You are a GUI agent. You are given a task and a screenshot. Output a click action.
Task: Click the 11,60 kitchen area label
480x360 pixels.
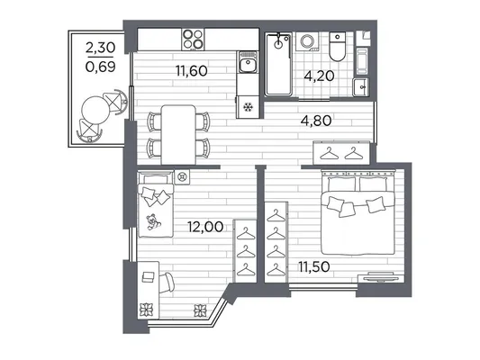[192, 71]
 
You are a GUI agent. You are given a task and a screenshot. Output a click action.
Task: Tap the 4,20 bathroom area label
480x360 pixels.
[319, 76]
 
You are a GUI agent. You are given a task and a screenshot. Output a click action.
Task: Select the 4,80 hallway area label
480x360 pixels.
[316, 121]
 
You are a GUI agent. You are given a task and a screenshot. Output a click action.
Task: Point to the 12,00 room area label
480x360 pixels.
[205, 227]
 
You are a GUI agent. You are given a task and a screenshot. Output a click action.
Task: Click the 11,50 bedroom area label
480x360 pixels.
[314, 266]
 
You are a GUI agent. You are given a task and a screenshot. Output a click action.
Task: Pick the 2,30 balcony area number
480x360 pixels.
[100, 48]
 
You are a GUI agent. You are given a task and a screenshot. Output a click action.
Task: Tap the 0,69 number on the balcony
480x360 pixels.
[100, 67]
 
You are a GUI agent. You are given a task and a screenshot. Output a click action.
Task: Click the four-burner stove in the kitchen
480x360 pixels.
[193, 40]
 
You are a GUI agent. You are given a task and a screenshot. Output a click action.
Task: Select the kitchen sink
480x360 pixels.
[249, 62]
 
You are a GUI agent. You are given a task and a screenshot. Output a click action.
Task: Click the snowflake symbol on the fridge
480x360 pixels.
[248, 107]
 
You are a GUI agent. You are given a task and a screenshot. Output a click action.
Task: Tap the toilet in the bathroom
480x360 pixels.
[337, 46]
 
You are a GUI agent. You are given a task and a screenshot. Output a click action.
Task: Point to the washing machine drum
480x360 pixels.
[306, 41]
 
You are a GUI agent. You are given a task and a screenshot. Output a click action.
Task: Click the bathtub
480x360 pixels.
[278, 65]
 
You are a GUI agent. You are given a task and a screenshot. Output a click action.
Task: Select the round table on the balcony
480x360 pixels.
[95, 110]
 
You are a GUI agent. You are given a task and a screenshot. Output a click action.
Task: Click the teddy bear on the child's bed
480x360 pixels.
[153, 221]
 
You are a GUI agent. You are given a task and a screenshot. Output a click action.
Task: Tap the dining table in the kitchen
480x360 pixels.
[178, 135]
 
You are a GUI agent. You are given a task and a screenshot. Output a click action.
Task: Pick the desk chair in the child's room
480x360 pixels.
[167, 283]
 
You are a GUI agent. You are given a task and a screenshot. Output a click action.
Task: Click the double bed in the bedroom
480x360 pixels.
[358, 213]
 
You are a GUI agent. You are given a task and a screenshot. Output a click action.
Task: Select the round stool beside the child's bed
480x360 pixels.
[182, 177]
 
